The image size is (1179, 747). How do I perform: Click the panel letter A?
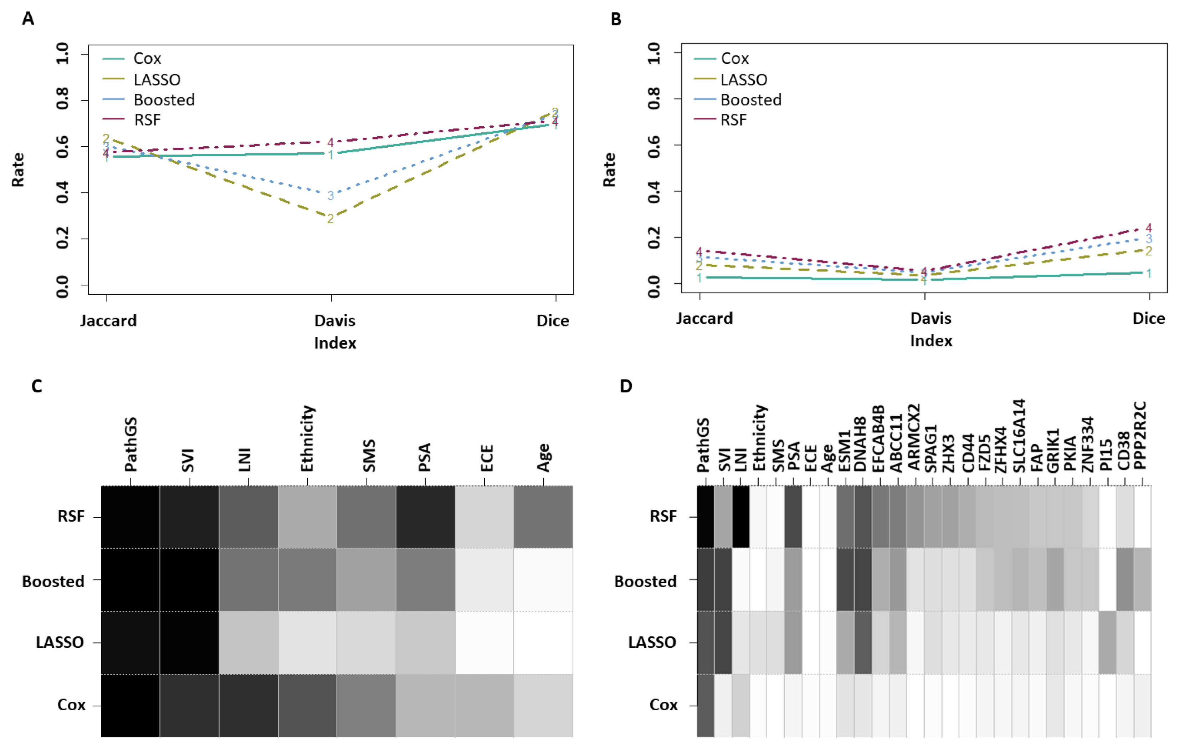point(28,19)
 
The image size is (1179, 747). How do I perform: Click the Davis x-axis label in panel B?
point(931,319)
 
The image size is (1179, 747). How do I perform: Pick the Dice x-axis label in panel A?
point(553,321)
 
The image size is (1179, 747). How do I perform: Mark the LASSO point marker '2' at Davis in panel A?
point(330,218)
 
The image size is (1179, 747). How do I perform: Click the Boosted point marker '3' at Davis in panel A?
point(330,195)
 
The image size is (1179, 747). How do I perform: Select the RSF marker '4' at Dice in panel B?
point(1149,228)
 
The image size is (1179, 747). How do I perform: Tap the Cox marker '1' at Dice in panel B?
point(1149,273)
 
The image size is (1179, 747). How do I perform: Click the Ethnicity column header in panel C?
point(307,439)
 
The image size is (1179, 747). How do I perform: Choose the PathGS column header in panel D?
point(703,445)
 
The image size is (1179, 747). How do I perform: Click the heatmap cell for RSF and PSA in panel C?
point(425,517)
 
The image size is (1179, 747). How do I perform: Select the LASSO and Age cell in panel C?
point(543,642)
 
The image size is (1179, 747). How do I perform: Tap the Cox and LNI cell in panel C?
point(248,705)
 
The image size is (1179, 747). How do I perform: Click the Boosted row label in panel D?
point(645,581)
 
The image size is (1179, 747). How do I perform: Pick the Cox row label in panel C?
point(72,705)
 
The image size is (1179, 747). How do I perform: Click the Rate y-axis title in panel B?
point(609,169)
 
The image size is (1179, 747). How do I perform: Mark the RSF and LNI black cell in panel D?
point(741,517)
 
